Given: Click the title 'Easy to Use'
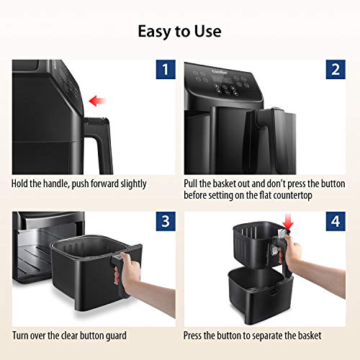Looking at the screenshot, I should [x=180, y=31].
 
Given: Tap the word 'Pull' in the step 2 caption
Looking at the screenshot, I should [x=193, y=184].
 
